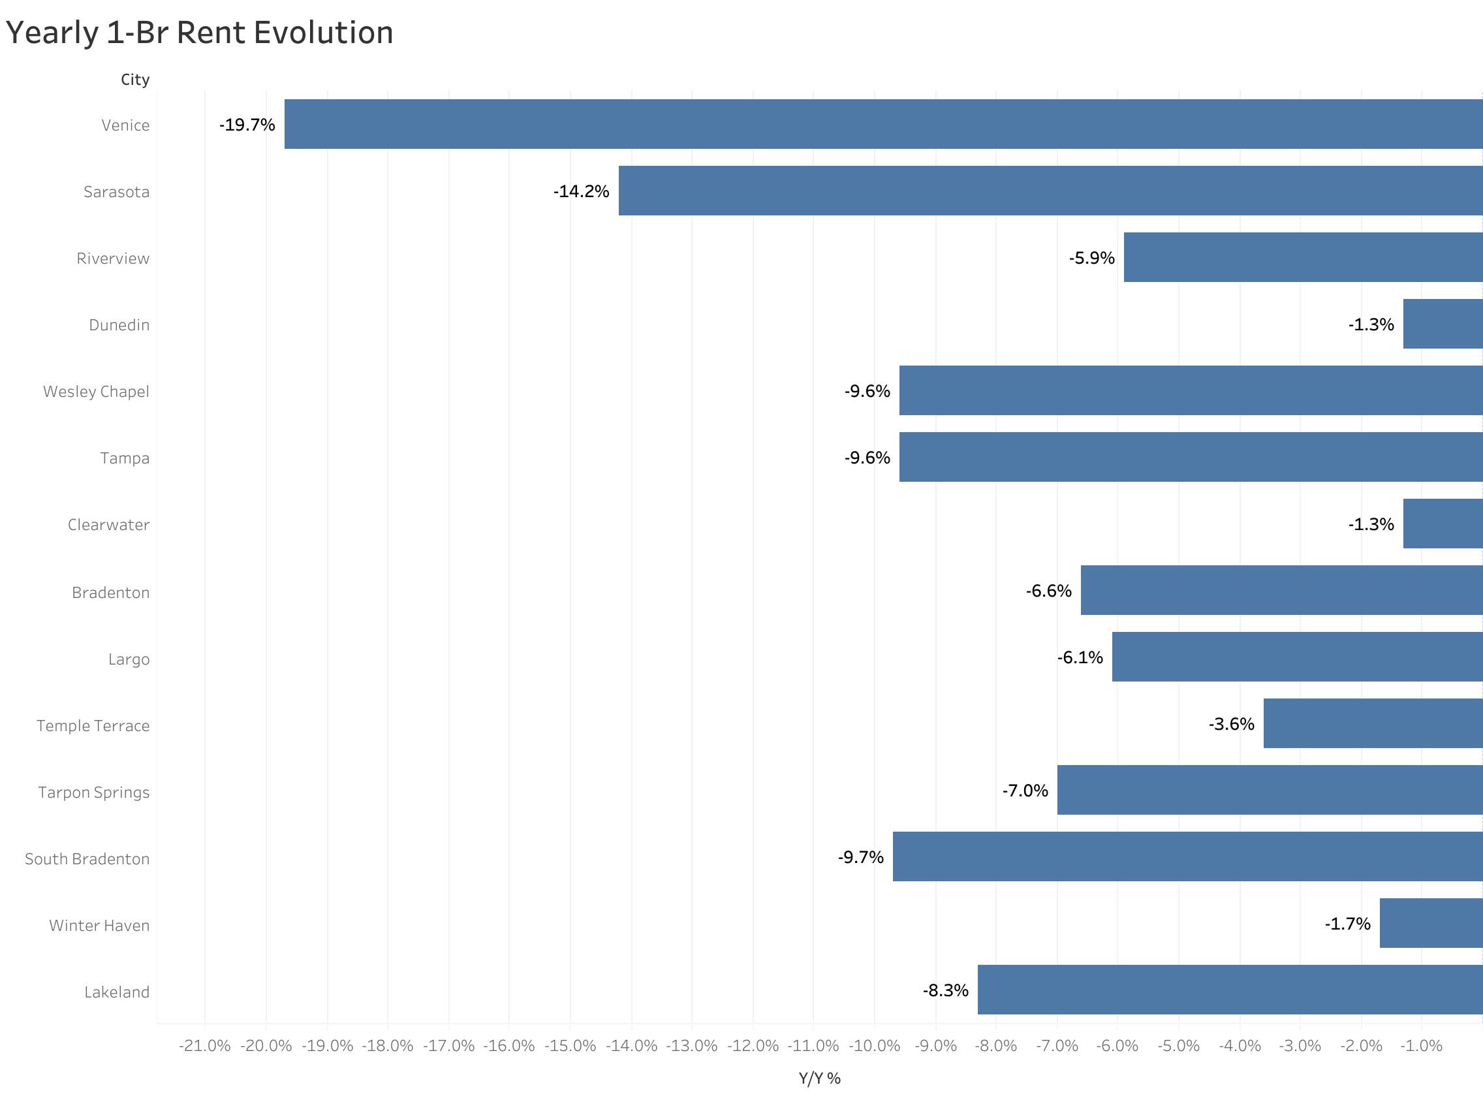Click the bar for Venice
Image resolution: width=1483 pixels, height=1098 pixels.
pos(884,124)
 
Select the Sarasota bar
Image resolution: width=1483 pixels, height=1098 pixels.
pos(1050,191)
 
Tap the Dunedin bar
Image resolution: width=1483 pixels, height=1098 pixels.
pos(1443,324)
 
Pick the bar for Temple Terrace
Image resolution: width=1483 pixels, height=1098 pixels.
pos(1373,723)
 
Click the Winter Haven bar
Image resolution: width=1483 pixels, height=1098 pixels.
pos(1431,923)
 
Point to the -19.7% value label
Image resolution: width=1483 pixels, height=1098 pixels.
pos(247,125)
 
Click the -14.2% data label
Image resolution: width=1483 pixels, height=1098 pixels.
pos(582,191)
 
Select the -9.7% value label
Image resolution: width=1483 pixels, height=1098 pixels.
pos(860,857)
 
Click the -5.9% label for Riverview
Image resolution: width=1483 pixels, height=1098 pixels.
pos(1091,258)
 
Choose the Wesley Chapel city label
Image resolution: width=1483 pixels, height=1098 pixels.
pos(97,392)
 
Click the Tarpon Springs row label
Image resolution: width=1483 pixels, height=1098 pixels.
pos(94,792)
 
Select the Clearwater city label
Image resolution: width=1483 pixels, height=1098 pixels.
pos(108,525)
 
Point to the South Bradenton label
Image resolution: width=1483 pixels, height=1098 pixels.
pos(87,858)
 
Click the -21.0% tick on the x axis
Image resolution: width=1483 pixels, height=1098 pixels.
pos(205,1046)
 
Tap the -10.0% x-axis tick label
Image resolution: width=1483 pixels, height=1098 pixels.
pos(875,1046)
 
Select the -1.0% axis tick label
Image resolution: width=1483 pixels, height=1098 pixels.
pos(1421,1046)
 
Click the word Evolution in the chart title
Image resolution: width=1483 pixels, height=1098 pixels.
pos(324,33)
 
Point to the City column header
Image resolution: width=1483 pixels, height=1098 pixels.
pos(135,80)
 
